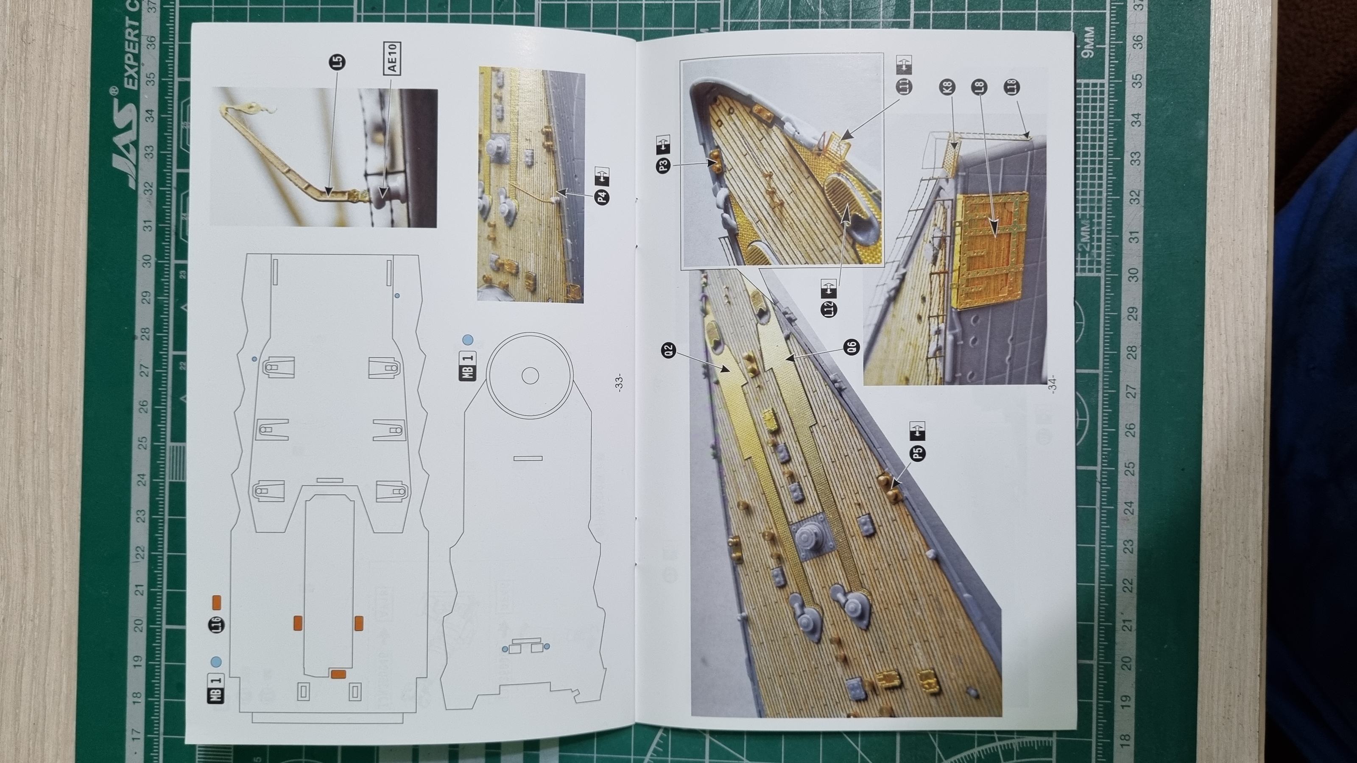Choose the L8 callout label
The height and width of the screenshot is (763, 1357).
coord(980,87)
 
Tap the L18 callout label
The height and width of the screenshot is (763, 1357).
coord(1012,87)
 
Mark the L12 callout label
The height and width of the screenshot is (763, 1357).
coord(829,309)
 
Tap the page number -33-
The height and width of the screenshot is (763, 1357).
coord(620,382)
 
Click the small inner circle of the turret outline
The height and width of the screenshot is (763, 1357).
coord(529,376)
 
